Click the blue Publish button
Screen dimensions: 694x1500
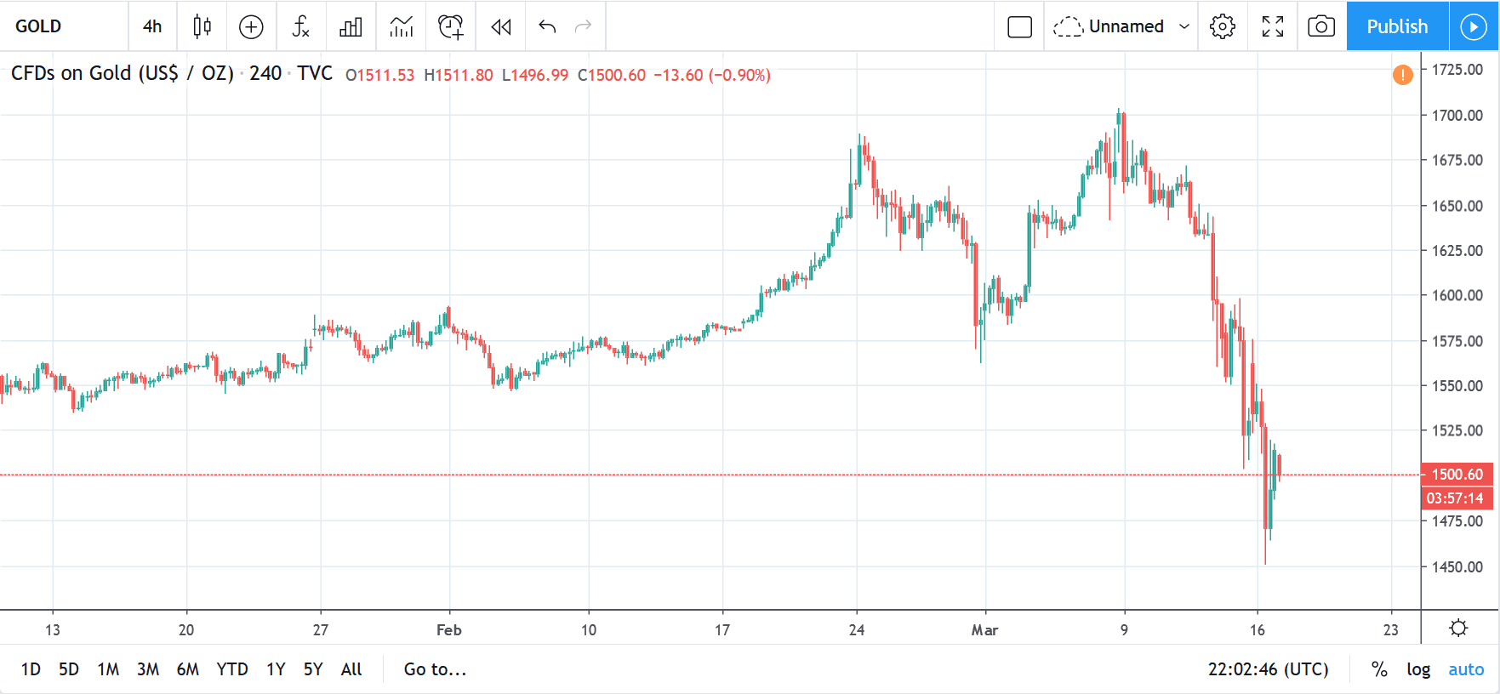[1396, 26]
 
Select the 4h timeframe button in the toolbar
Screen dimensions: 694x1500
[152, 26]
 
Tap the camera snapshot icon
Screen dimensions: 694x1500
[1320, 26]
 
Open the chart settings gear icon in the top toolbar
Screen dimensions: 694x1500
[1223, 26]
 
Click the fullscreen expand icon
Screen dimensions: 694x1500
[1272, 26]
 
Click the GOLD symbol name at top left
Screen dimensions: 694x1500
[38, 26]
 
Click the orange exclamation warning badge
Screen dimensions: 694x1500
[1402, 75]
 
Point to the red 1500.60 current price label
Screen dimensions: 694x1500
[1457, 475]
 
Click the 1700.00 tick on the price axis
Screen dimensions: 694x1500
[1457, 115]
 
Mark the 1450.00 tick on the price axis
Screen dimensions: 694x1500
[1457, 566]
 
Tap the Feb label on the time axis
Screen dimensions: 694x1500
[448, 630]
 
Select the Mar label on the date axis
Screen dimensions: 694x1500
[984, 630]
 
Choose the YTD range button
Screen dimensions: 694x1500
[231, 669]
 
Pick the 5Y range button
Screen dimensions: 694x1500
[313, 669]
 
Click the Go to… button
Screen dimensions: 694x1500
[435, 669]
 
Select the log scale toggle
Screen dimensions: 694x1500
[1417, 669]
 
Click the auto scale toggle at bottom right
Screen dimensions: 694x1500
[1465, 669]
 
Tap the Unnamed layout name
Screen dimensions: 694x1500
[1126, 26]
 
